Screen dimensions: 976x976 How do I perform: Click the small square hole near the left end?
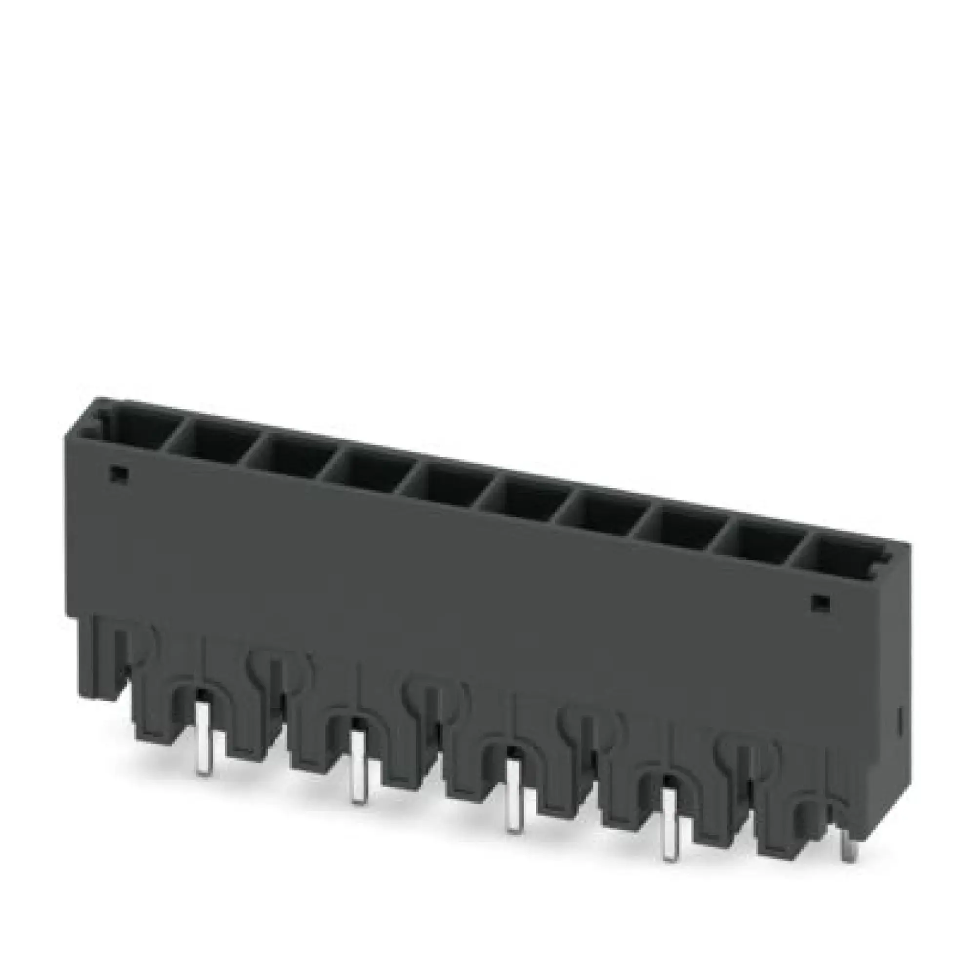pos(119,473)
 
